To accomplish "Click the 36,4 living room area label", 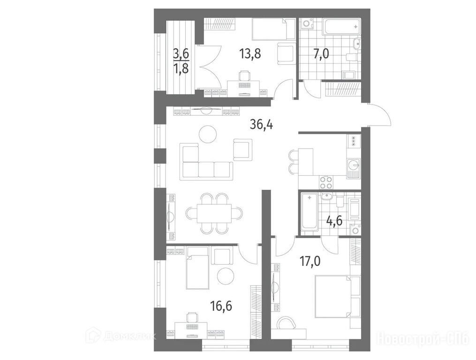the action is (x=261, y=124).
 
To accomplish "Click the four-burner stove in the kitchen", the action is (x=326, y=183).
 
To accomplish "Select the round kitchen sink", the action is (x=353, y=165).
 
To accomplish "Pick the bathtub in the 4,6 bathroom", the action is (x=310, y=212).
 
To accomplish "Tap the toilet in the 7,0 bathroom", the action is (x=353, y=56).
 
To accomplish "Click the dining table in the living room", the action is (x=214, y=213).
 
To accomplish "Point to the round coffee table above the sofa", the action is (x=208, y=133).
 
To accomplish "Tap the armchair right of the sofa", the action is (x=243, y=149).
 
